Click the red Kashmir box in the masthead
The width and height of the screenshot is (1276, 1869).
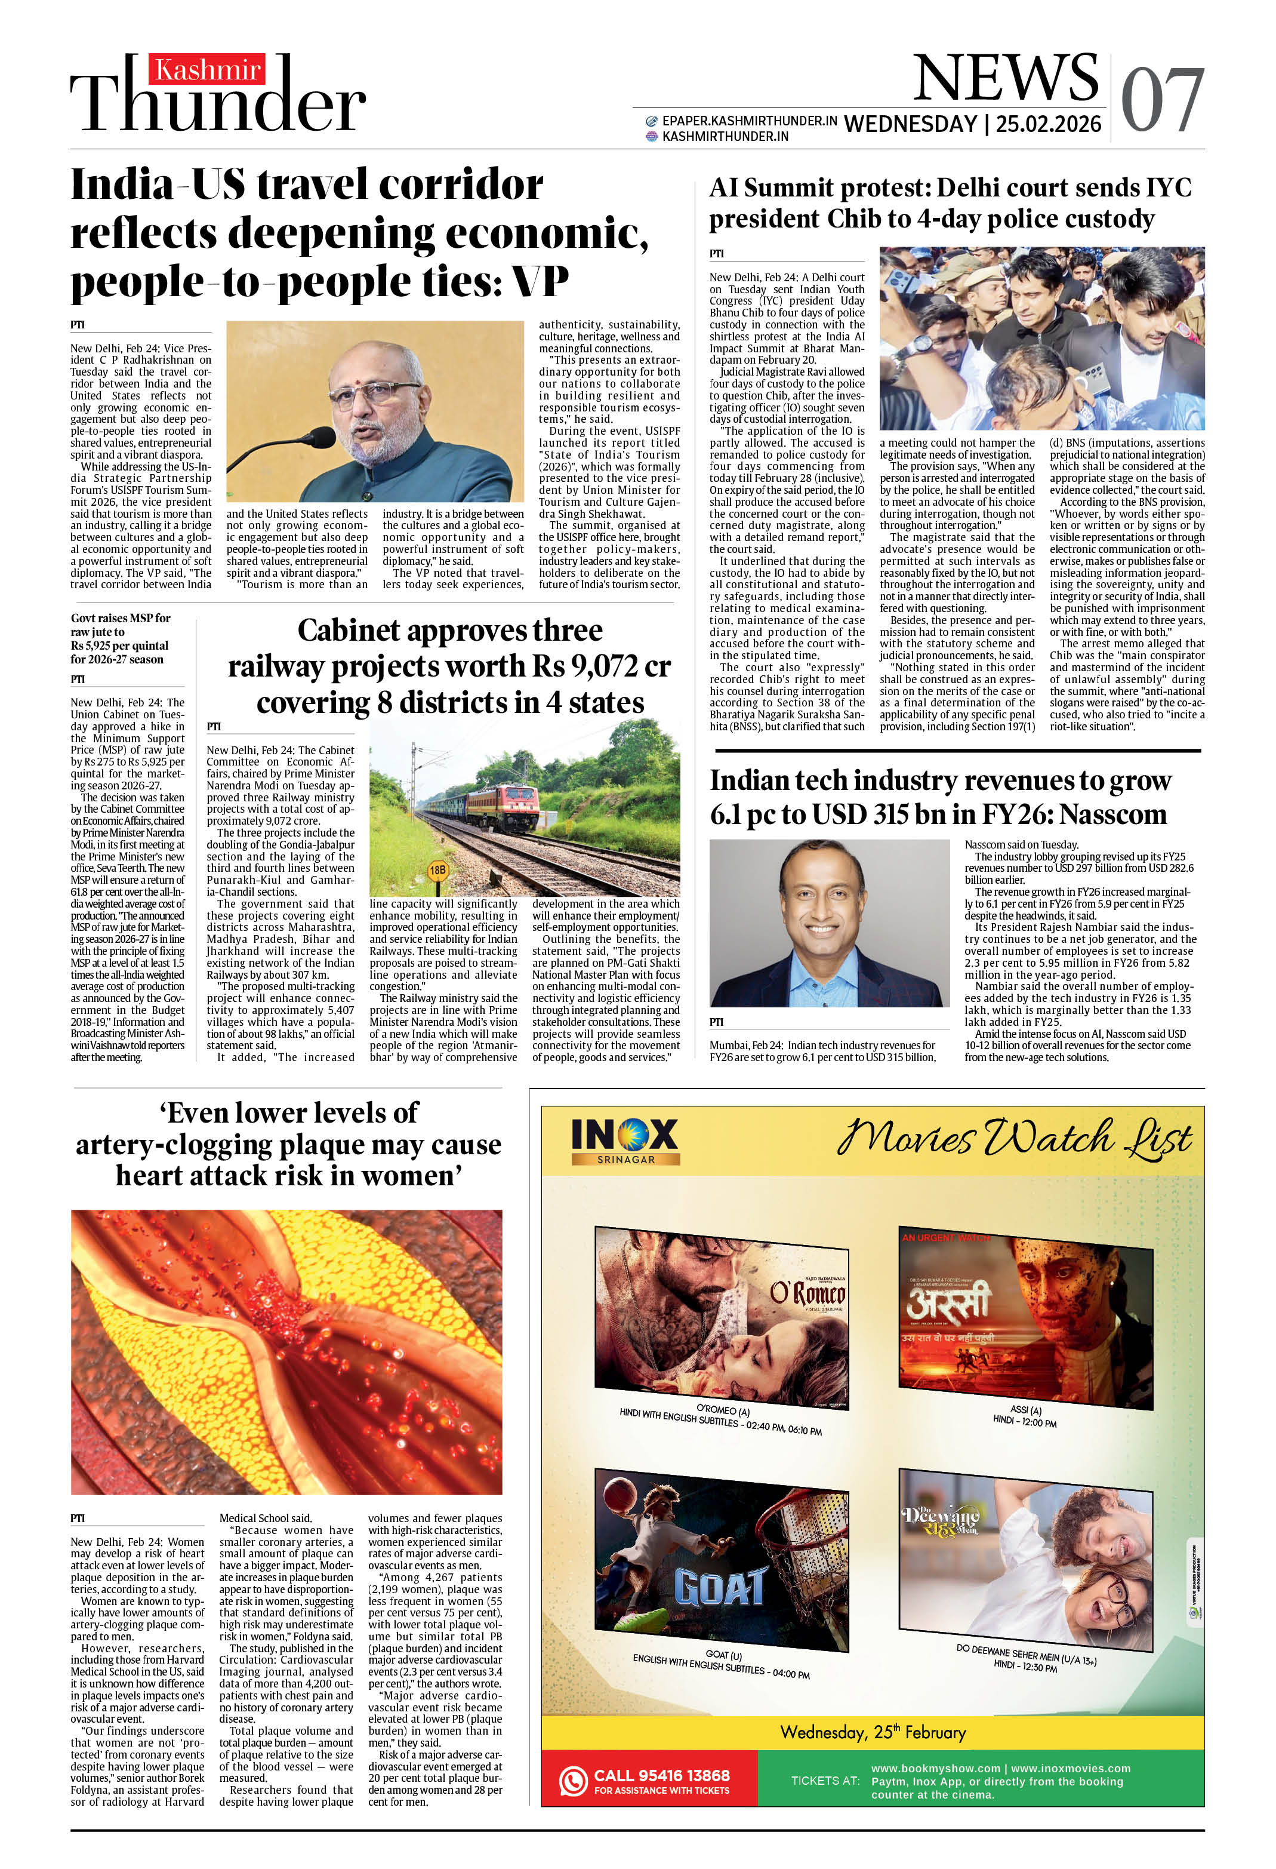(206, 70)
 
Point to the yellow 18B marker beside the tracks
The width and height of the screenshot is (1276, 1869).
(437, 870)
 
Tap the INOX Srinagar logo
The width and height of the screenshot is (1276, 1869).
(625, 1141)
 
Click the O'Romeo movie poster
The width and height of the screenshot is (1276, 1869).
(721, 1317)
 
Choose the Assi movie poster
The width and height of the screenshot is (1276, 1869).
(1025, 1317)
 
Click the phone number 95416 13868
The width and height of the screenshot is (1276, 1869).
(661, 1775)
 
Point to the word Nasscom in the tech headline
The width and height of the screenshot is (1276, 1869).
(1113, 814)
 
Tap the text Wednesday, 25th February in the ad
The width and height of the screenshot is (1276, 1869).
(873, 1732)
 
